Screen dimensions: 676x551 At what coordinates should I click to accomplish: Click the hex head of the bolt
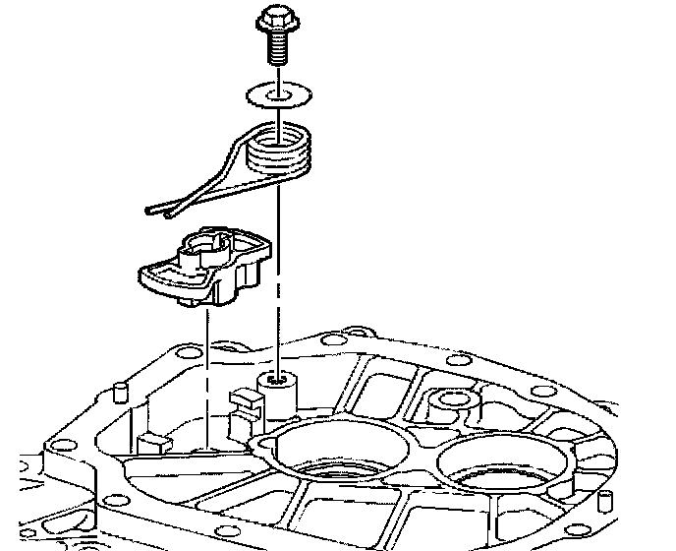(x=275, y=19)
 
